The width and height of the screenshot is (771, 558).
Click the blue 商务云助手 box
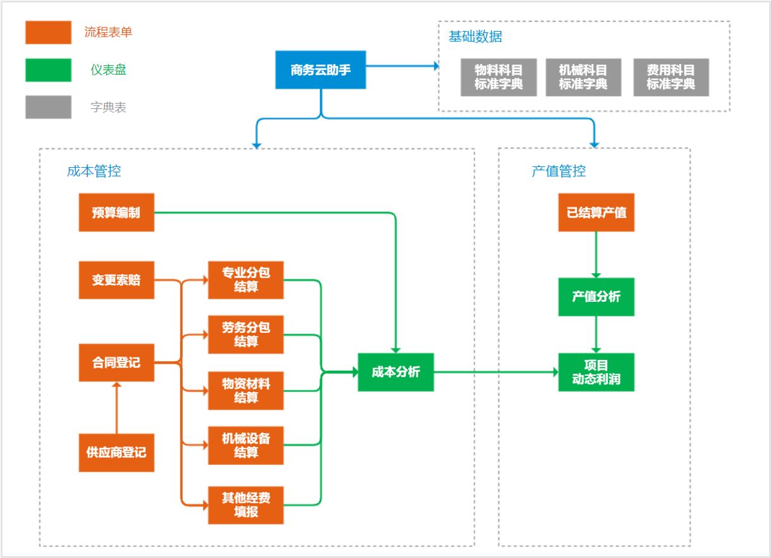point(320,70)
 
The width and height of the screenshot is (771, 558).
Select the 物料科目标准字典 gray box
point(499,77)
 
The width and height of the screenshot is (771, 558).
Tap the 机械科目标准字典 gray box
point(583,77)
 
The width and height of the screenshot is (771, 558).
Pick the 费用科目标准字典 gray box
point(671,77)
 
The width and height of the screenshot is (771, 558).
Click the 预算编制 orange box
point(116,213)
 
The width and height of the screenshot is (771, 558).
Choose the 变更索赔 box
point(116,280)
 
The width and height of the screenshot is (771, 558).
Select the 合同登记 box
point(116,363)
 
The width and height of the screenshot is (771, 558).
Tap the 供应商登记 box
point(116,452)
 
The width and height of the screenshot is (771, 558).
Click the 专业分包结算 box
point(246,280)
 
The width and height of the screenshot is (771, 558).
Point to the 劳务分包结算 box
point(246,334)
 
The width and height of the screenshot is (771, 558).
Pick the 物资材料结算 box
point(246,390)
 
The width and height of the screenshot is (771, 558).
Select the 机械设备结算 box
point(246,445)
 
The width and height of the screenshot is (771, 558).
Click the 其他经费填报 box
point(246,505)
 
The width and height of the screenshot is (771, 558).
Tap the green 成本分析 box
point(396,372)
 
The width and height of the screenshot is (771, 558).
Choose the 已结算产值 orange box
point(596,213)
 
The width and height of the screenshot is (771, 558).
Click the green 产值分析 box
point(596,297)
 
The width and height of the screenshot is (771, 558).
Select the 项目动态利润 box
point(596,372)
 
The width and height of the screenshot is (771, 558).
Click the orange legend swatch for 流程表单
point(48,32)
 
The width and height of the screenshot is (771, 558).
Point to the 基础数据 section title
point(475,37)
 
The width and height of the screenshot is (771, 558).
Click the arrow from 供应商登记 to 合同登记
point(117,407)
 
